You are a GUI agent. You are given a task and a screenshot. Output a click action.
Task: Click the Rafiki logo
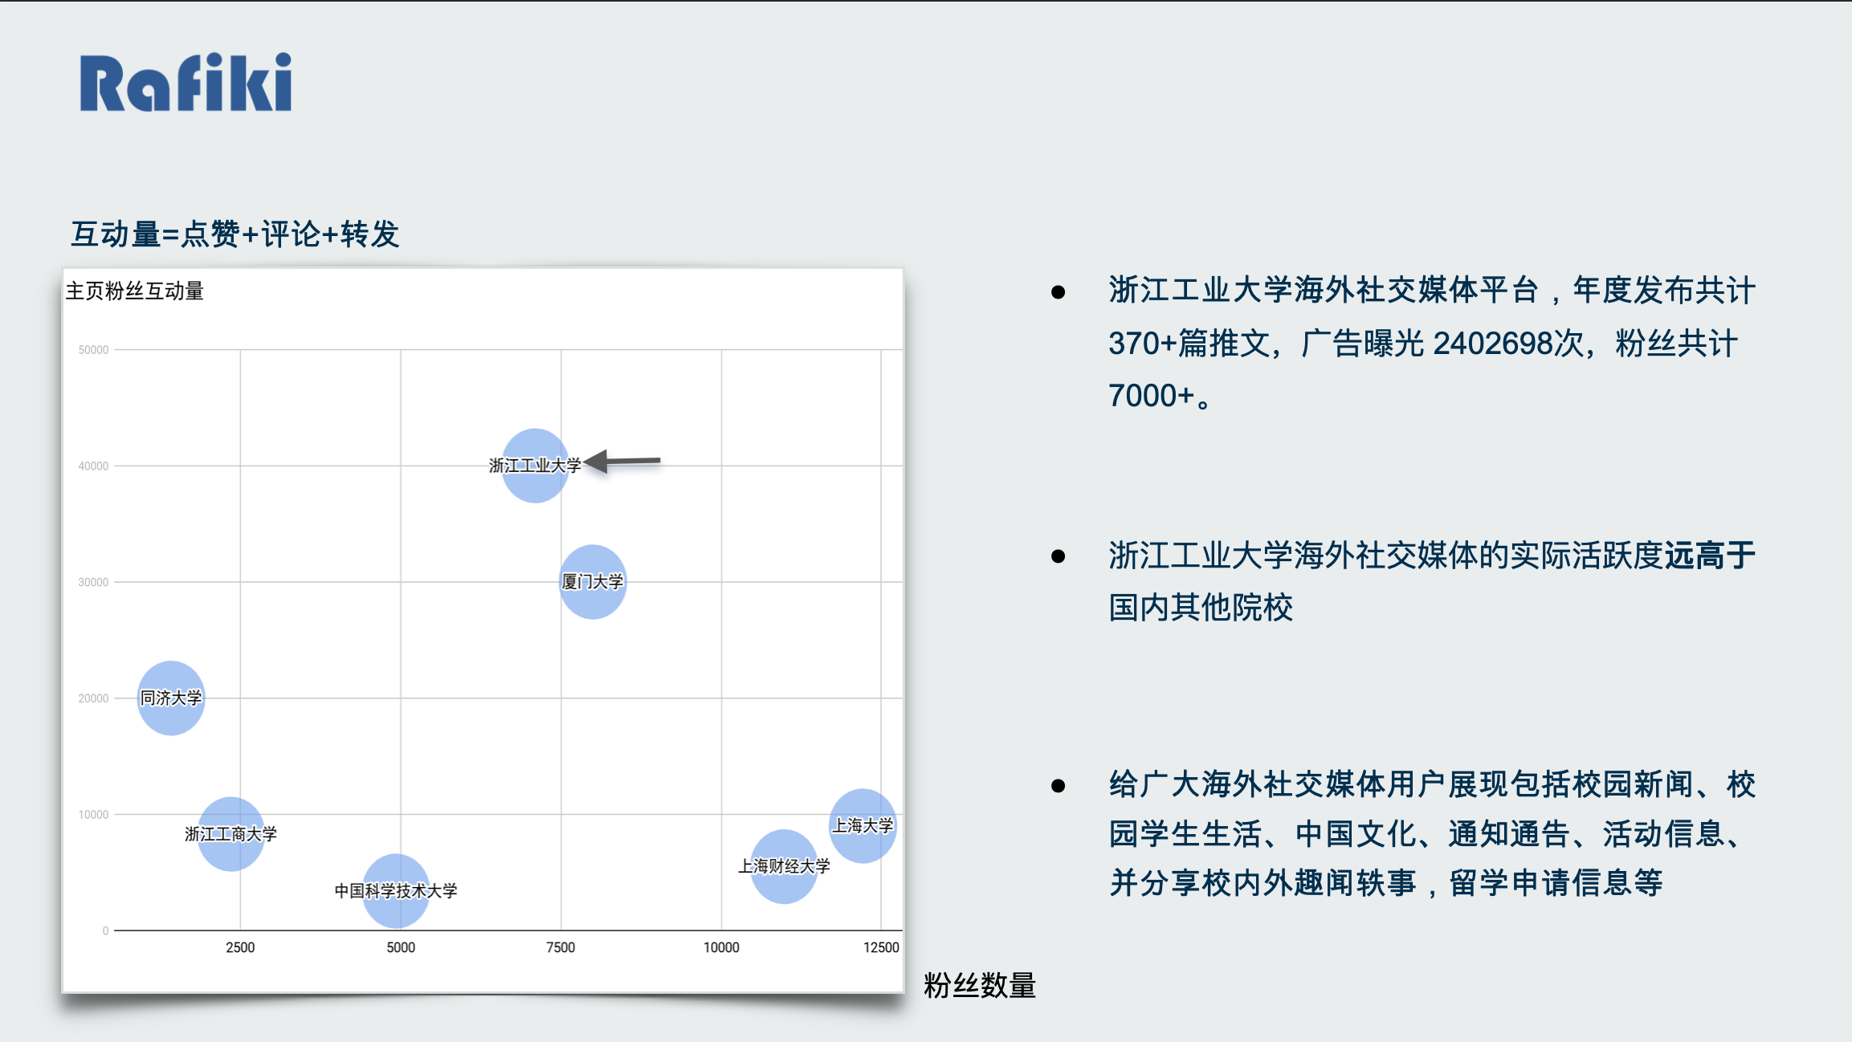point(186,82)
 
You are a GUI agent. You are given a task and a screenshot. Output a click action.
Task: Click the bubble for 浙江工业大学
point(535,466)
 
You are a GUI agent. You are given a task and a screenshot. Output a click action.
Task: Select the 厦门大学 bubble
point(593,582)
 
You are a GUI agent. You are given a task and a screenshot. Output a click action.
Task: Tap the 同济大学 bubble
point(171,698)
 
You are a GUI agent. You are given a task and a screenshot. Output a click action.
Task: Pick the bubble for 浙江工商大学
point(231,834)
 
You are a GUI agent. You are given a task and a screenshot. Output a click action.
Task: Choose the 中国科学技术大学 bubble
point(396,890)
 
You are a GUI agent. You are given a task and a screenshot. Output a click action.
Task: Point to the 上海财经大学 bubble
point(784,866)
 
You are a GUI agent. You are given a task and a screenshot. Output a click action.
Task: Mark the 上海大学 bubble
point(863,825)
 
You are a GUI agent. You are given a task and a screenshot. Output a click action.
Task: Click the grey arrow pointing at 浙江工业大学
point(622,461)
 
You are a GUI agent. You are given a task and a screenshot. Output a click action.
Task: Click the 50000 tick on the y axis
point(93,350)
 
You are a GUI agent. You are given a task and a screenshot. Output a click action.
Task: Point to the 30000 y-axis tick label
point(93,582)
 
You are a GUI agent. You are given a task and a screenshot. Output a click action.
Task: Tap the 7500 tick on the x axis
point(561,947)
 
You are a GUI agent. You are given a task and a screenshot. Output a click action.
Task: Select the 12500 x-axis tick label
point(881,947)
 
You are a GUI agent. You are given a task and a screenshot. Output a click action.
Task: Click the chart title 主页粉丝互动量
point(135,291)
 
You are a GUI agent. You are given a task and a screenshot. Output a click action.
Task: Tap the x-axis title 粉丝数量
point(980,985)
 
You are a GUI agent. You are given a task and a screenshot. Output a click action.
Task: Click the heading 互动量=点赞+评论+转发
point(235,234)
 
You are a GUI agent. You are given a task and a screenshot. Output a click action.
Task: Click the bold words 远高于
point(1710,555)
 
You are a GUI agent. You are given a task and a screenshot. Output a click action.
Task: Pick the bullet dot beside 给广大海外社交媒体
point(1059,785)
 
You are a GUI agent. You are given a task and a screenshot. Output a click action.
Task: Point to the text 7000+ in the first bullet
point(1152,396)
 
